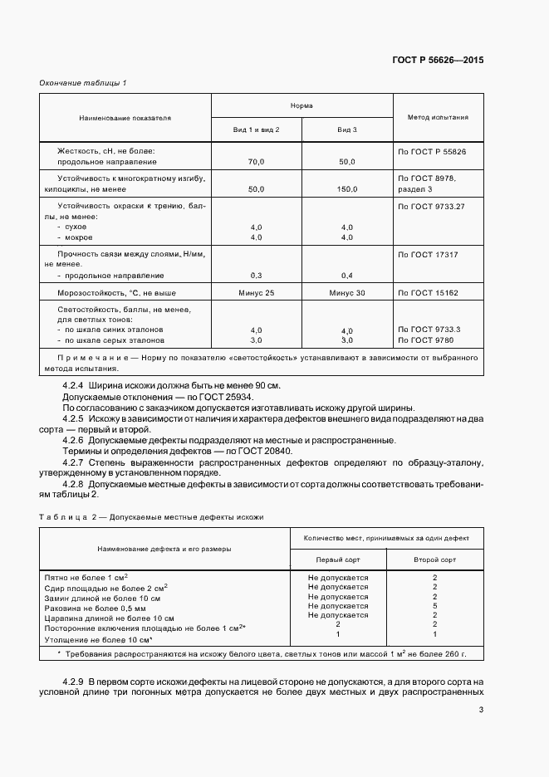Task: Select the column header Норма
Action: [x=301, y=107]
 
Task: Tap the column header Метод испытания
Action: [x=438, y=118]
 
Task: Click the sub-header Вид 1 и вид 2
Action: [x=256, y=130]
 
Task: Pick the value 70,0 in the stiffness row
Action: [x=256, y=162]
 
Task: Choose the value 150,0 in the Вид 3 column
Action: [x=346, y=189]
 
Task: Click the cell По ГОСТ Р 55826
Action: [x=432, y=152]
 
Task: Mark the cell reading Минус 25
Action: [x=256, y=293]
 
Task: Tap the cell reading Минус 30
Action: [x=346, y=293]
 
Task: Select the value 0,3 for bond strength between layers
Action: [x=256, y=275]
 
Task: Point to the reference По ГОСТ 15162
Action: [x=429, y=293]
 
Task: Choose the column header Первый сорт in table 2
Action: [x=337, y=560]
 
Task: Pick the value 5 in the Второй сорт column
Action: [x=434, y=607]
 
